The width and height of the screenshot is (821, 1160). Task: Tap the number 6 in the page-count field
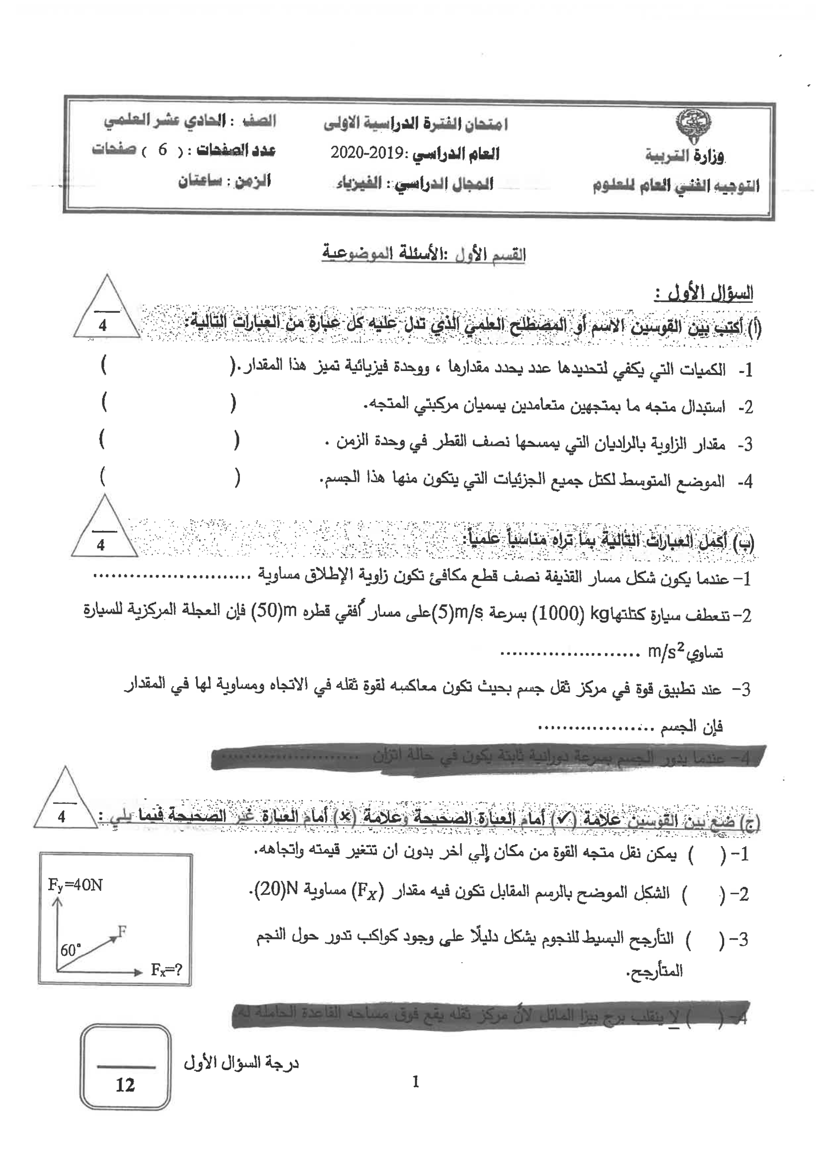pos(162,149)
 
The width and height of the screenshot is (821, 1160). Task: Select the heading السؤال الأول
pos(704,293)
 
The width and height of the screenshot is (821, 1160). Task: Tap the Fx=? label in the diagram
pos(166,970)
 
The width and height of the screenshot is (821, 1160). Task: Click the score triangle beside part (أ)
pos(106,309)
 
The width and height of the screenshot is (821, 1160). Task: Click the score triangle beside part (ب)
pos(104,528)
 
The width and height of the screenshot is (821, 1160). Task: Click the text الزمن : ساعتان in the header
pos(224,181)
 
